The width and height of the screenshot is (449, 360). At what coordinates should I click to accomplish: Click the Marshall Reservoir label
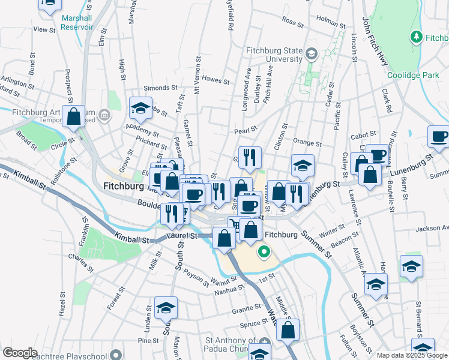77,22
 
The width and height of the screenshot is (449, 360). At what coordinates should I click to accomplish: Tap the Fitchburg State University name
275,55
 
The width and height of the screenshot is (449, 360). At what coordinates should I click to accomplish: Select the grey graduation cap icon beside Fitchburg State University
311,55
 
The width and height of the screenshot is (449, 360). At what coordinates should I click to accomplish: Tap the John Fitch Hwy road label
373,42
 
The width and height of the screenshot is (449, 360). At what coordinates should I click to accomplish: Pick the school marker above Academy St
140,109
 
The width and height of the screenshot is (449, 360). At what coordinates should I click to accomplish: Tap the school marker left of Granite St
166,308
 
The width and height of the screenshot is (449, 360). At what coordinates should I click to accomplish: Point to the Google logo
20,353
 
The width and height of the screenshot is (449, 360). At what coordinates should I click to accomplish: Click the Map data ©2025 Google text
411,355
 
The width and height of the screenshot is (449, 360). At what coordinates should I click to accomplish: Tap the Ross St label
292,22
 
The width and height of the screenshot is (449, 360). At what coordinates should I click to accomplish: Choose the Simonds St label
157,88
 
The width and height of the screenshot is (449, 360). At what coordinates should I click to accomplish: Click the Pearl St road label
246,130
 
